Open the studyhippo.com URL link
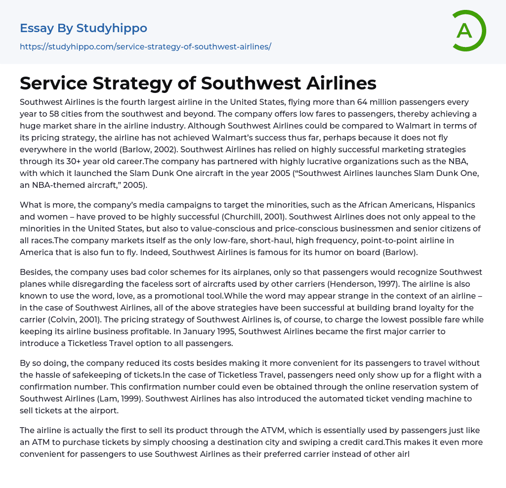[145, 46]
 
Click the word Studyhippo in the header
[112, 28]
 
